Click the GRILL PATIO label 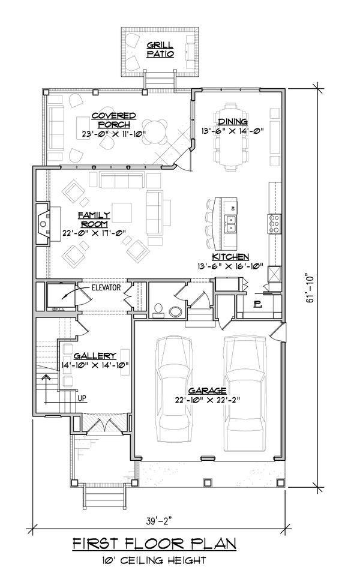tap(160, 49)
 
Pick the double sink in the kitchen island tap(230, 223)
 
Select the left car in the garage tap(174, 390)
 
